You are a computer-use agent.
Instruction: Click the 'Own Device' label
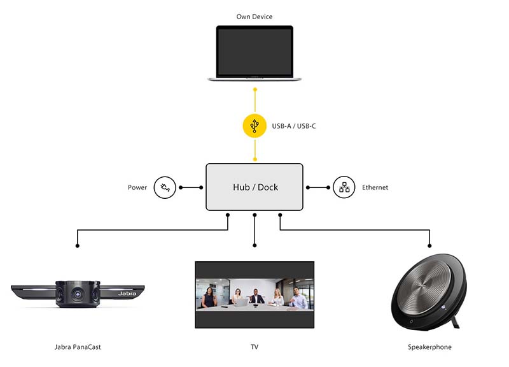[254, 17]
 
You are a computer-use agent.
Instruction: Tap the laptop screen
[254, 52]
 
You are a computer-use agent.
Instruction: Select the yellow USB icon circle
[255, 126]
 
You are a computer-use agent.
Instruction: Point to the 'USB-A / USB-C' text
[294, 126]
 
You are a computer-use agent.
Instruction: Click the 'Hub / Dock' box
[254, 187]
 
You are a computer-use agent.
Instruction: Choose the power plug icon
[165, 187]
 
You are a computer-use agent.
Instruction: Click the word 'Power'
[137, 187]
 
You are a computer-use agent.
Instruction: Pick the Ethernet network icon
[344, 187]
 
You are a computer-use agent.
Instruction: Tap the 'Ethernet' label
[375, 187]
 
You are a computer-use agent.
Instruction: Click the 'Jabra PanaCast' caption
[78, 347]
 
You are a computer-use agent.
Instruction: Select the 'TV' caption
[254, 347]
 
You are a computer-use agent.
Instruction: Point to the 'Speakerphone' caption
[429, 347]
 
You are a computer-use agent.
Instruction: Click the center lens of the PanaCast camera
[78, 294]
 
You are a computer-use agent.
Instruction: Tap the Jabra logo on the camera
[127, 294]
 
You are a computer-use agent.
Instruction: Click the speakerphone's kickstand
[455, 322]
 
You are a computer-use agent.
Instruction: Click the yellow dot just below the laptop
[255, 89]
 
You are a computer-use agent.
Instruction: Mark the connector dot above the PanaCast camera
[77, 246]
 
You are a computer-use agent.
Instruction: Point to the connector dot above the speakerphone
[429, 246]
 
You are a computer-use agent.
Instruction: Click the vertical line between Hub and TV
[254, 230]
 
